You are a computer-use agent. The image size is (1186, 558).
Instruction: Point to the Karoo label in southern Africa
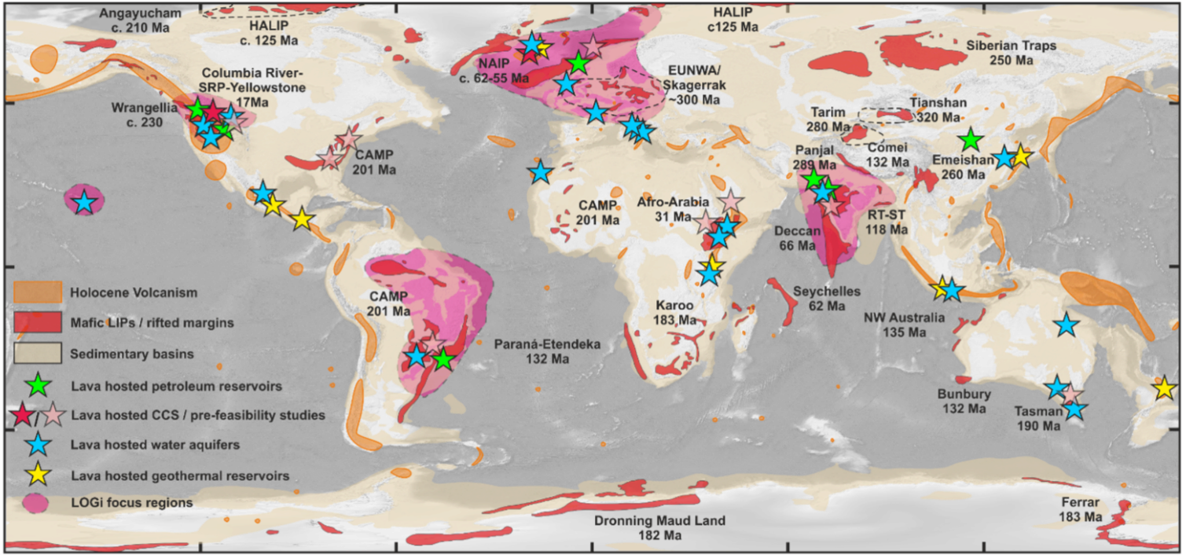pyautogui.click(x=674, y=312)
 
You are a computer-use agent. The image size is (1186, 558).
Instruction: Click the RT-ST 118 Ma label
pyautogui.click(x=886, y=222)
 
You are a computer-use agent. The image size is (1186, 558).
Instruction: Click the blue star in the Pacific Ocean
pyautogui.click(x=85, y=203)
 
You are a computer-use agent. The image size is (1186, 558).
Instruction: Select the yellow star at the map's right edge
pyautogui.click(x=1164, y=388)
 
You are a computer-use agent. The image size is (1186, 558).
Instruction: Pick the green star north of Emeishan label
pyautogui.click(x=971, y=140)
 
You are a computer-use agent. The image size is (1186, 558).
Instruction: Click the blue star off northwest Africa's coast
pyautogui.click(x=540, y=173)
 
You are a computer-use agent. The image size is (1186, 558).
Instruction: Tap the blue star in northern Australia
pyautogui.click(x=1066, y=325)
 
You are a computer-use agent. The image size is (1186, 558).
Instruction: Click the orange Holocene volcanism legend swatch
pyautogui.click(x=37, y=292)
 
